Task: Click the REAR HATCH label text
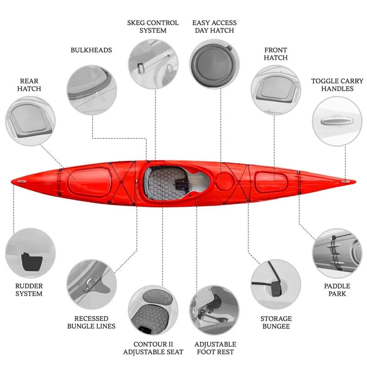(29, 85)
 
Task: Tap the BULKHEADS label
(91, 50)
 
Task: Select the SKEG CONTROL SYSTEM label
(153, 27)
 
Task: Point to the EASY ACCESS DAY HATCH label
(214, 27)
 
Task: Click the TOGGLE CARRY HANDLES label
(337, 85)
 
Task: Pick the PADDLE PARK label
(337, 290)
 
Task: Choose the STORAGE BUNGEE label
(276, 323)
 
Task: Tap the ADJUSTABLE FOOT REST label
(215, 348)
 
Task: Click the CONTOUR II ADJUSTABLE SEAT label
(153, 348)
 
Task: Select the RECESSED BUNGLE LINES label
(91, 323)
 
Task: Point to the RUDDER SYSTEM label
(29, 290)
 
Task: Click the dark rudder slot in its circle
(32, 261)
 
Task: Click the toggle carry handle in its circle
(337, 121)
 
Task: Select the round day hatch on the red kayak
(224, 181)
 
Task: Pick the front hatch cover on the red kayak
(271, 183)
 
